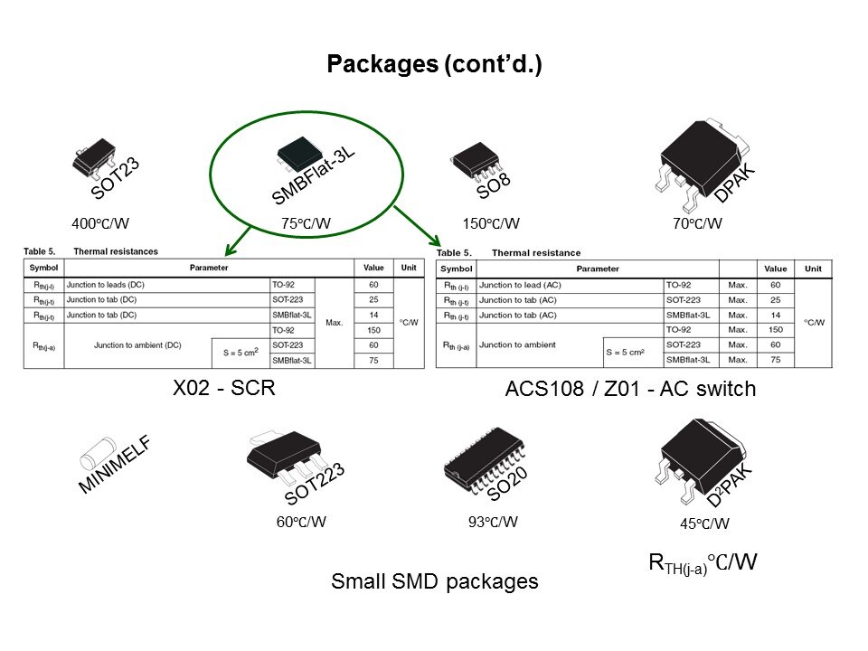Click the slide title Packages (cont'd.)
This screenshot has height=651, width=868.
coord(433,64)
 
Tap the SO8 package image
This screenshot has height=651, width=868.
coord(476,160)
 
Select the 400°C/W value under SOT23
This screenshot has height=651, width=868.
coord(100,223)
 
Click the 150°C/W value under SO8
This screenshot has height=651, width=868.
coord(490,223)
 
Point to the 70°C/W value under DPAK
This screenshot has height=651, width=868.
coord(696,223)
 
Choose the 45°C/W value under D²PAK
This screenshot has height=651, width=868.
coord(704,524)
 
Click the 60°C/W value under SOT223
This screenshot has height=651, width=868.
coord(301,522)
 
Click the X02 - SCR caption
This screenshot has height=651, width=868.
coord(222,388)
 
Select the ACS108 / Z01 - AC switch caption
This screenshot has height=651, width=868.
coord(629,390)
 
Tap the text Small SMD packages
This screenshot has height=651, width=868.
coord(434,581)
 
